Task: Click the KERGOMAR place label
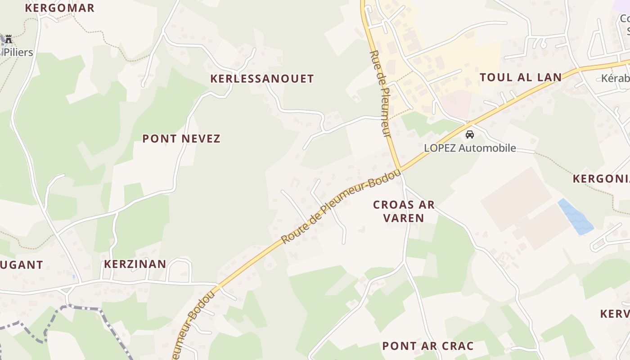click(59, 8)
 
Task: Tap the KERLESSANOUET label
click(262, 79)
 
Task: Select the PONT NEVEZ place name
click(181, 139)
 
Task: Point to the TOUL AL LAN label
click(521, 77)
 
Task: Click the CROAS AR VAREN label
click(404, 211)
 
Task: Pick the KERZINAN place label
click(135, 264)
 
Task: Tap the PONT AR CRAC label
click(427, 346)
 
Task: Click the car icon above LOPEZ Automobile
click(470, 134)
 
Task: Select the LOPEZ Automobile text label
click(470, 148)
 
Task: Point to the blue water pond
click(576, 217)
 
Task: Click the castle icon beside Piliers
click(8, 39)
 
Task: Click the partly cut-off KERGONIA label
click(601, 179)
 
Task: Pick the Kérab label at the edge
click(615, 78)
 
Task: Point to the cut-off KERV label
click(615, 314)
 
